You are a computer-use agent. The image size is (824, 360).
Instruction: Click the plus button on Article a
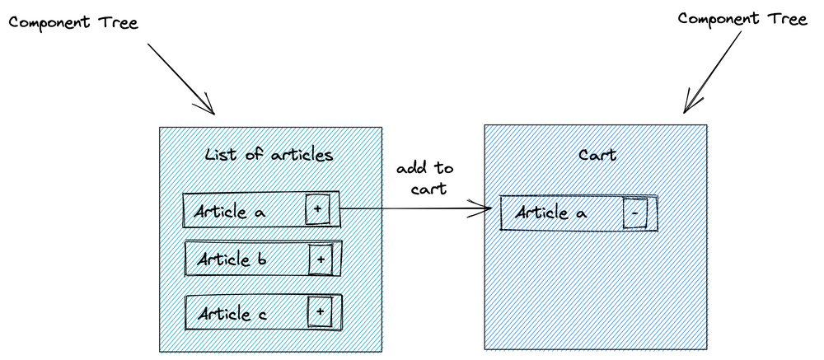(318, 211)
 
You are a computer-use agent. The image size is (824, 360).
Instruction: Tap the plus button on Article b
(320, 259)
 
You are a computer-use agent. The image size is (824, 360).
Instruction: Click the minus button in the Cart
(634, 213)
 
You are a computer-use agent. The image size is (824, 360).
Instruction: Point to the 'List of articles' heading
(269, 154)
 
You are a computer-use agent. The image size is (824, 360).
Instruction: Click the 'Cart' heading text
(598, 154)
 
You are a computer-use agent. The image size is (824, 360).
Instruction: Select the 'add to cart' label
(424, 178)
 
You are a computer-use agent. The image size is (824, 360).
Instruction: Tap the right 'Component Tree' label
(742, 19)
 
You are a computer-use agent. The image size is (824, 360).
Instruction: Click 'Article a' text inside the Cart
(550, 213)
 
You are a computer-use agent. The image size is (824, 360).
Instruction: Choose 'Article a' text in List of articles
(230, 212)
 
